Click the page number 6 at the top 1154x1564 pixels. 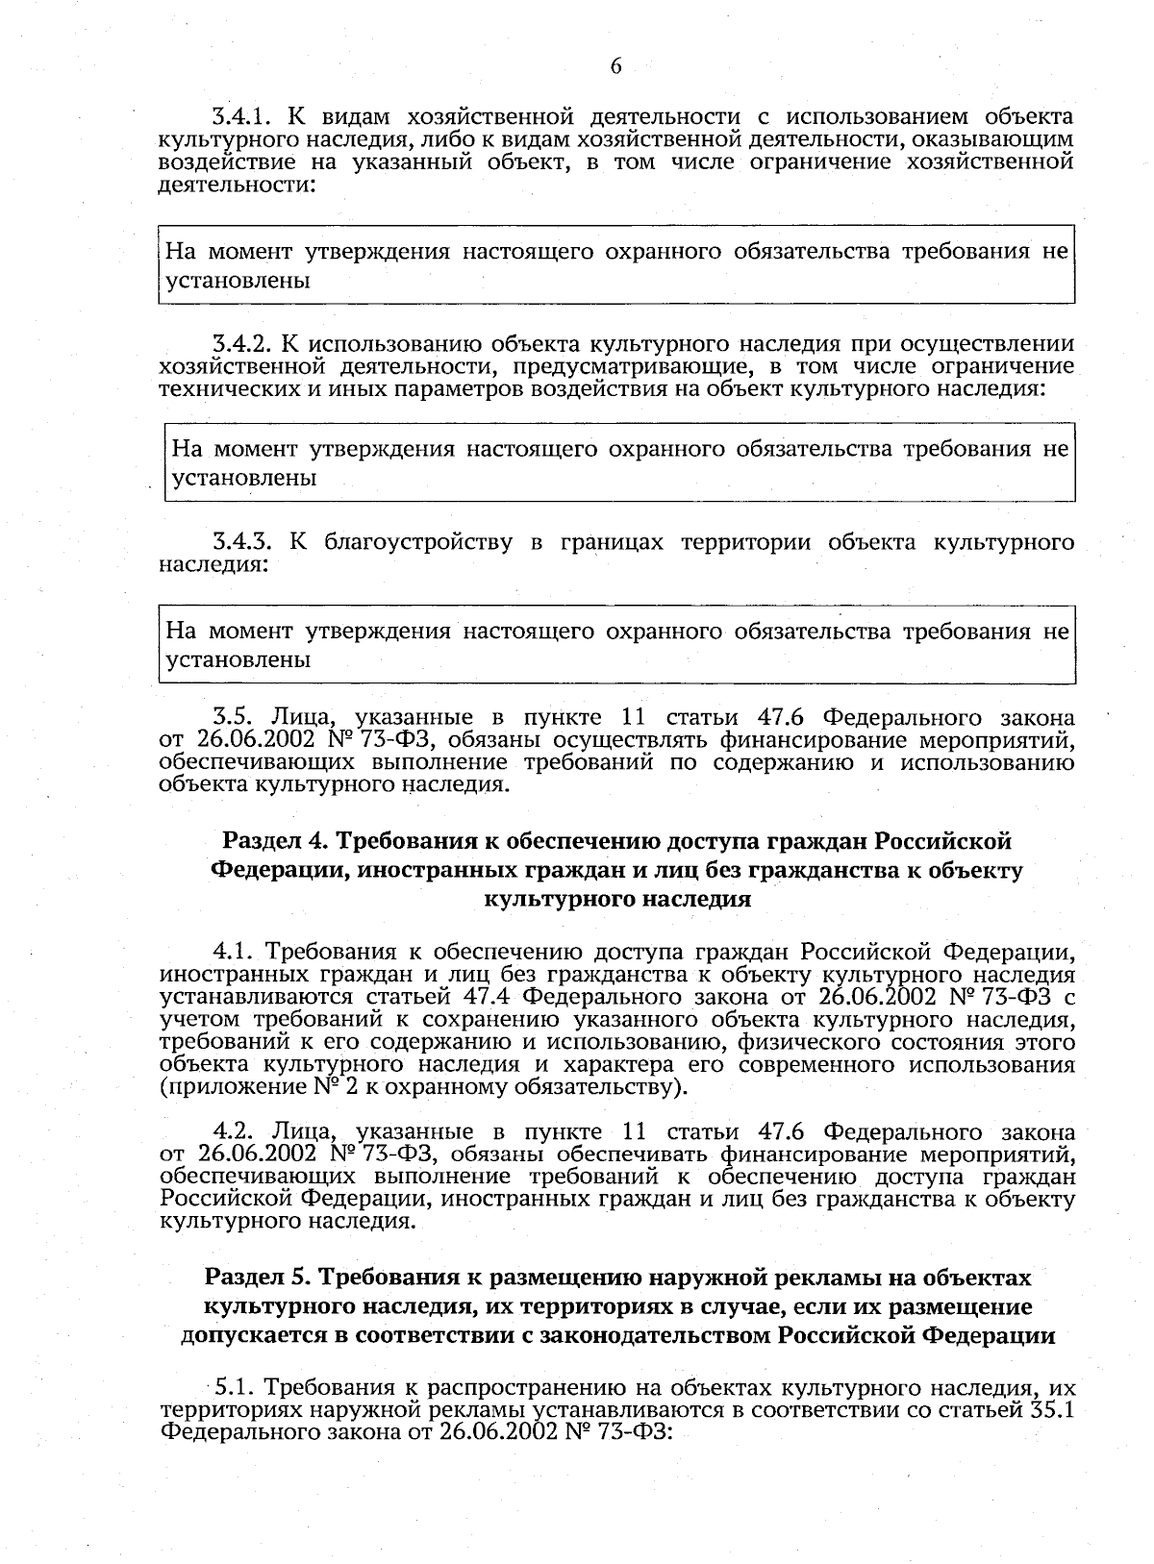click(615, 66)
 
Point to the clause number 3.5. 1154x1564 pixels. click(232, 717)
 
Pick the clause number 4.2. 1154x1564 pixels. click(233, 1131)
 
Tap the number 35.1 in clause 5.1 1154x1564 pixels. click(1048, 1411)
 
